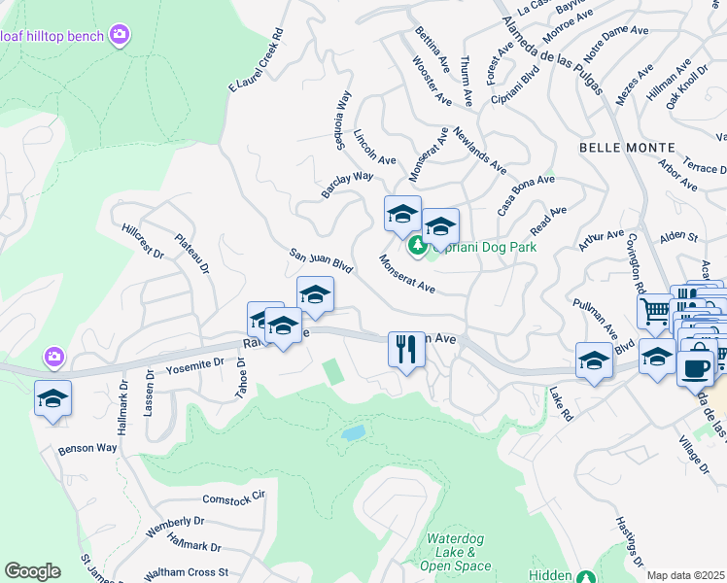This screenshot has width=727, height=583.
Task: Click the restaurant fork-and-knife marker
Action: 406,349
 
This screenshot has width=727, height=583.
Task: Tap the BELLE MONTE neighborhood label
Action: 626,147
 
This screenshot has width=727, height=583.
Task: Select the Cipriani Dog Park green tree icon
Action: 419,246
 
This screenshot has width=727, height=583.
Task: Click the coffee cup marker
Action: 696,368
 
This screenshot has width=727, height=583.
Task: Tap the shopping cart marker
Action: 655,312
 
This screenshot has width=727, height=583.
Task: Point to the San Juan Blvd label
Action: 320,260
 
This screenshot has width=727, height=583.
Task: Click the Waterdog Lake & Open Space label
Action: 459,552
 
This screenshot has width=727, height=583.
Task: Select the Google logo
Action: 31,571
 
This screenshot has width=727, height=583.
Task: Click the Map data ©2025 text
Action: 685,575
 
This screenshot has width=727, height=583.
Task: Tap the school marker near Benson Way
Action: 52,397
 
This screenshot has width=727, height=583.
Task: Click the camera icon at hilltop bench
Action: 120,36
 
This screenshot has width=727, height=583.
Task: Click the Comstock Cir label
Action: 233,497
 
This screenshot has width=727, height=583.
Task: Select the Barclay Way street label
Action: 348,183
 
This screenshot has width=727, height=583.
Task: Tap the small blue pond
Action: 353,432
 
